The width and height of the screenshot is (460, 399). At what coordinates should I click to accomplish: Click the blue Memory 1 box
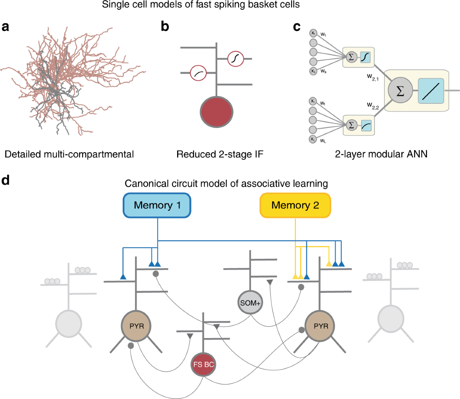tap(157, 205)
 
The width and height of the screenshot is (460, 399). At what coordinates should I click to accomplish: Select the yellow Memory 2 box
tap(295, 205)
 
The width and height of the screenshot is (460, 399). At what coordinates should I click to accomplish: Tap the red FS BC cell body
tap(203, 365)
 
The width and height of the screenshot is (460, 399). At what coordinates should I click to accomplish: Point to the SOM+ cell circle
tap(250, 303)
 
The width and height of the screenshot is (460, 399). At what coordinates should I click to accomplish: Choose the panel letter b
tap(165, 27)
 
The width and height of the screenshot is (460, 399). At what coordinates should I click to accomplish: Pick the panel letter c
tap(296, 27)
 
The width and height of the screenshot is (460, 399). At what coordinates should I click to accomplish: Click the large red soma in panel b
tap(217, 112)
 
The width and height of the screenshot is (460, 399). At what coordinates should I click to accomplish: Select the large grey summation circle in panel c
tap(400, 91)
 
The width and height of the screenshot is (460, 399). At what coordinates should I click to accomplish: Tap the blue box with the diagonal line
tap(431, 91)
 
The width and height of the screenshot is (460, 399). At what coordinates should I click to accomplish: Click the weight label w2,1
tap(373, 77)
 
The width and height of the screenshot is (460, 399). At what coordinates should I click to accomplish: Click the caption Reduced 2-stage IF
tap(220, 154)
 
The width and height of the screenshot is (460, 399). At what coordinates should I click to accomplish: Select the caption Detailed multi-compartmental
tap(69, 154)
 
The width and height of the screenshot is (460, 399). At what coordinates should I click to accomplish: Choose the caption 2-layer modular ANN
tap(381, 154)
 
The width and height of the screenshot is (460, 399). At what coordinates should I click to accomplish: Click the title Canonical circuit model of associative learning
tap(226, 184)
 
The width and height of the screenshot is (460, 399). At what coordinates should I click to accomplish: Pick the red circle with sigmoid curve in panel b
tap(236, 59)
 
